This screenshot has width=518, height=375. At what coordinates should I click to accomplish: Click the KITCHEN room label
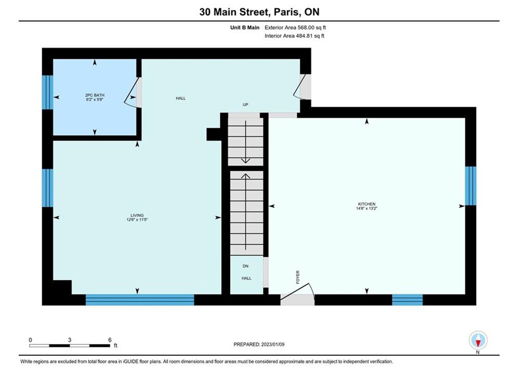[367, 204]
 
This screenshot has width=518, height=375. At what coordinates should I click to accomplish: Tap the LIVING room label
[137, 215]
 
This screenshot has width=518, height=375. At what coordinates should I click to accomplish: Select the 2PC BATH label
[94, 95]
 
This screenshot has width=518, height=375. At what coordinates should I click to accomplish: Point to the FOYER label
[298, 277]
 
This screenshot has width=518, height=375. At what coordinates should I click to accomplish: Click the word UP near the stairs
[245, 104]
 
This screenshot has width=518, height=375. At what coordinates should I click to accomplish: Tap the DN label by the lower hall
[245, 266]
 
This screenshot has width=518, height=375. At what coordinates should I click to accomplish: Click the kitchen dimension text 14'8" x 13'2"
[367, 208]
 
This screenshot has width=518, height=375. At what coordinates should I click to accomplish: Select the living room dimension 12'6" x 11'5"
[137, 219]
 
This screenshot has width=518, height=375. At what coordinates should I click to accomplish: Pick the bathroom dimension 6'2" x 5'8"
[94, 99]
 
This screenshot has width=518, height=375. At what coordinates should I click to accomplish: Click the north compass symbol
[478, 340]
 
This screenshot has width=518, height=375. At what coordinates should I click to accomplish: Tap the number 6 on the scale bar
[110, 340]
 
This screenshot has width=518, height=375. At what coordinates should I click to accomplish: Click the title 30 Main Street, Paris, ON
[259, 12]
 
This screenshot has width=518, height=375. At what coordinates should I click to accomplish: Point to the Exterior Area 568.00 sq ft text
[295, 28]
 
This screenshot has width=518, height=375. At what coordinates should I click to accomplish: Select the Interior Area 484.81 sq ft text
[294, 36]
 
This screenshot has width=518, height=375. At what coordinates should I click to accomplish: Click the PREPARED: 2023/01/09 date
[259, 344]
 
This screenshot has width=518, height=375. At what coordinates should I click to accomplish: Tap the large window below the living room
[140, 299]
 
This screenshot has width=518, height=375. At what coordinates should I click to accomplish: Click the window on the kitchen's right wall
[471, 186]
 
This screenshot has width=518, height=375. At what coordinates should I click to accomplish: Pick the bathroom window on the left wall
[47, 92]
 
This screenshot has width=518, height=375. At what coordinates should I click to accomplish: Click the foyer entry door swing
[297, 292]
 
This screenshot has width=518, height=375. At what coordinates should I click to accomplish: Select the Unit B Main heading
[245, 28]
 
